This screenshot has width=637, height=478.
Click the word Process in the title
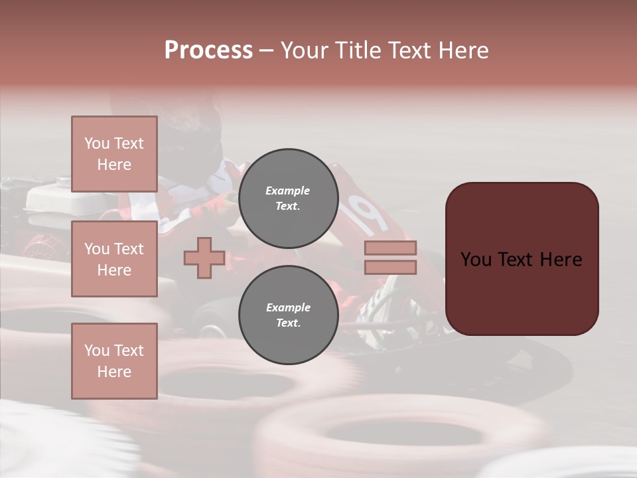[208, 50]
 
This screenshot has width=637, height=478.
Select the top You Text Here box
[114, 154]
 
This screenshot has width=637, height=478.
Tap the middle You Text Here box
[114, 259]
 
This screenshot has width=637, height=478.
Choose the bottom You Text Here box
[114, 360]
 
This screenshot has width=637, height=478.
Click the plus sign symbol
[204, 258]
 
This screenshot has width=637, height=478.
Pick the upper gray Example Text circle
[288, 199]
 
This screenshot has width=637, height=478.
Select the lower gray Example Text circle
[288, 315]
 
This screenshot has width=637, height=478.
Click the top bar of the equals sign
[390, 248]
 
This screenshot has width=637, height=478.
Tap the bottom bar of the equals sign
[390, 267]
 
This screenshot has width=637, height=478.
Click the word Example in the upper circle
[287, 191]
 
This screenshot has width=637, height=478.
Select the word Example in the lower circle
[288, 307]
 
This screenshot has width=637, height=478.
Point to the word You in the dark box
[476, 260]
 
